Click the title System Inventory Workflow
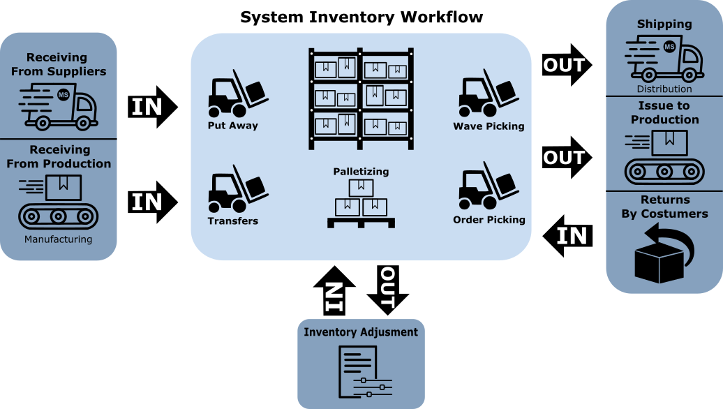(361, 17)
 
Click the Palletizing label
(361, 171)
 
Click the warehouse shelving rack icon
(361, 98)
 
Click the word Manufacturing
(58, 239)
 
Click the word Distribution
(664, 89)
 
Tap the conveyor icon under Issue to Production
(664, 157)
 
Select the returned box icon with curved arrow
(664, 258)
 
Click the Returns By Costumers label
(664, 207)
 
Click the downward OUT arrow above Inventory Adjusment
(387, 290)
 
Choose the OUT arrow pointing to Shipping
(567, 66)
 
